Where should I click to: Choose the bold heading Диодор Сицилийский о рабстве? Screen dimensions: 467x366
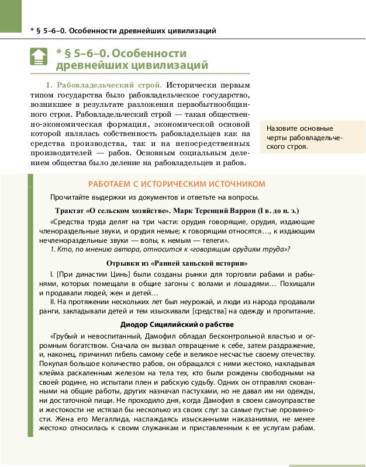point(177,324)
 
